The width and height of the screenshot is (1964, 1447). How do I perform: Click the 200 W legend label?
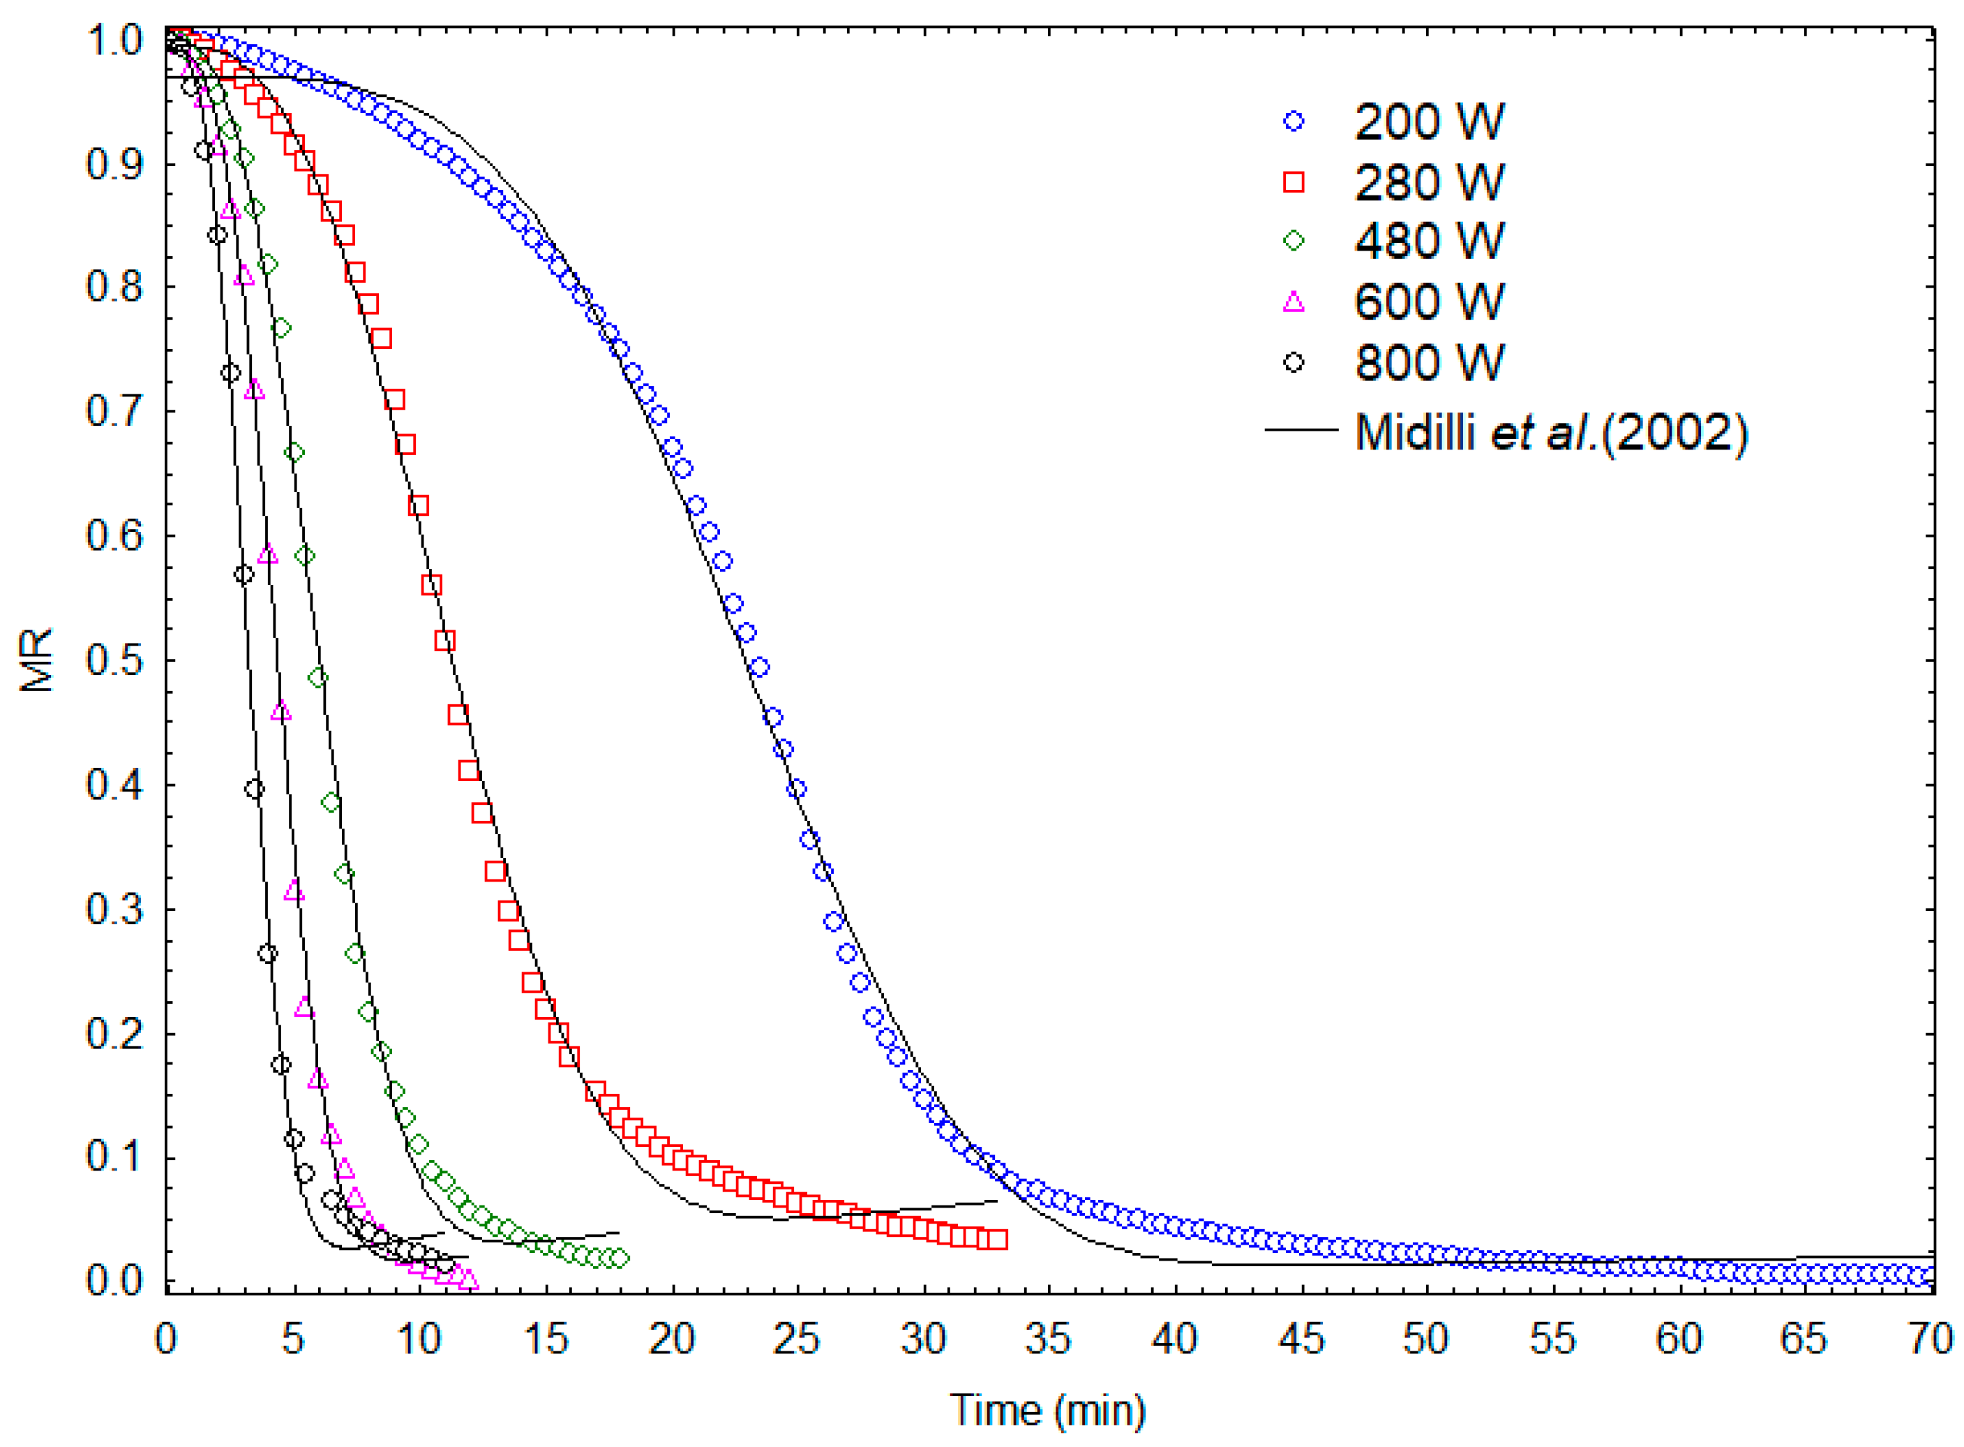click(1428, 121)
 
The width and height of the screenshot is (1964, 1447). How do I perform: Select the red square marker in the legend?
click(1294, 181)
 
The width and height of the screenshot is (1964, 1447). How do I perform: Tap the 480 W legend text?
click(1428, 241)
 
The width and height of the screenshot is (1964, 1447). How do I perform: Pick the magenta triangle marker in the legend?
click(1294, 302)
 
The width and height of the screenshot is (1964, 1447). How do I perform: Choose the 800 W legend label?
click(1428, 363)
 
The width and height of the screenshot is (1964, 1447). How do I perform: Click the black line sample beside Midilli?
click(1301, 430)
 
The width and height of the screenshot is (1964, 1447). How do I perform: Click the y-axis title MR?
click(37, 660)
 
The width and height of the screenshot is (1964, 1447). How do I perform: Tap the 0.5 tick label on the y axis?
click(114, 660)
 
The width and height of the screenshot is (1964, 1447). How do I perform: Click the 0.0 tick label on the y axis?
click(114, 1281)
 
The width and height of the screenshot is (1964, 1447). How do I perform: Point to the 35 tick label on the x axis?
click(1048, 1338)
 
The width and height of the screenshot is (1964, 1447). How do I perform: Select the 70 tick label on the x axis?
click(1931, 1338)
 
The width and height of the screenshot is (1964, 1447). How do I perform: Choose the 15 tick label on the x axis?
click(545, 1338)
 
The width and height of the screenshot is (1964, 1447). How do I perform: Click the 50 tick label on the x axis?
click(1426, 1338)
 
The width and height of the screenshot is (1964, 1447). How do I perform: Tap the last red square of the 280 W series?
click(997, 1240)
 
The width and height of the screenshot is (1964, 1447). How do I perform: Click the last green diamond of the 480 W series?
click(619, 1258)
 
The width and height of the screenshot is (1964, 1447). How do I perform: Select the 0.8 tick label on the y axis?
click(114, 288)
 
